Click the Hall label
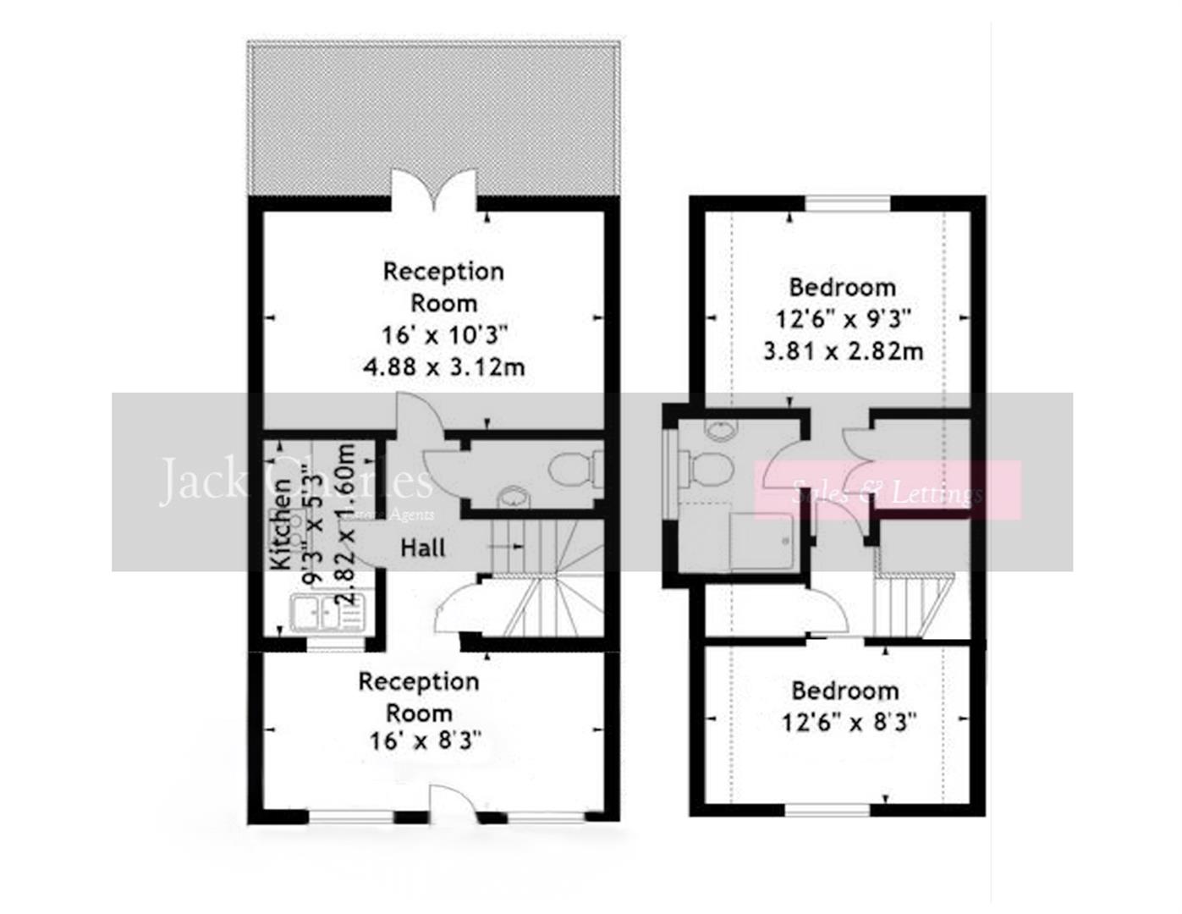pyautogui.click(x=423, y=548)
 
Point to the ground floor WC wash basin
pyautogui.click(x=512, y=497)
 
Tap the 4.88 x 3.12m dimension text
pyautogui.click(x=444, y=367)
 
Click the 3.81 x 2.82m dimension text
pyautogui.click(x=843, y=350)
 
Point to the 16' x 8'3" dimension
pyautogui.click(x=425, y=741)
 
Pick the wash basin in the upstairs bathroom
pyautogui.click(x=719, y=430)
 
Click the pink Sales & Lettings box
pyautogui.click(x=888, y=490)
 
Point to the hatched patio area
pyautogui.click(x=433, y=110)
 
